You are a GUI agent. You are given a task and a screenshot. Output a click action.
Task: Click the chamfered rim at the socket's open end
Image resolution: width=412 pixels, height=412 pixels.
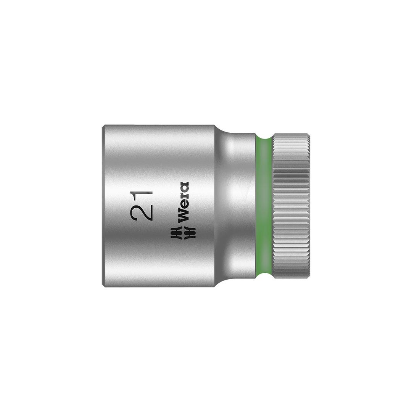(x=103, y=206)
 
